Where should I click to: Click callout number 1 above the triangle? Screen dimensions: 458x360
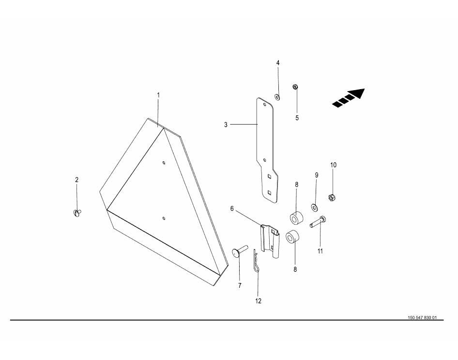pyautogui.click(x=158, y=95)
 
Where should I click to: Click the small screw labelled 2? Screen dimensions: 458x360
pyautogui.click(x=77, y=213)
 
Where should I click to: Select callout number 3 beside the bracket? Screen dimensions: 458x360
pyautogui.click(x=226, y=125)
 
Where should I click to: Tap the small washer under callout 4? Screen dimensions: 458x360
pyautogui.click(x=277, y=97)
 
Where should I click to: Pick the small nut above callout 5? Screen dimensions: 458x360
pyautogui.click(x=295, y=87)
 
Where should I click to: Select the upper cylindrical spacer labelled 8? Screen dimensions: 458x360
pyautogui.click(x=296, y=219)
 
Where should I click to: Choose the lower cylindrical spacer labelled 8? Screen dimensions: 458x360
pyautogui.click(x=292, y=236)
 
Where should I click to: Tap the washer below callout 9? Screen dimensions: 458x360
pyautogui.click(x=315, y=207)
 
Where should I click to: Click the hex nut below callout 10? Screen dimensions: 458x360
pyautogui.click(x=332, y=198)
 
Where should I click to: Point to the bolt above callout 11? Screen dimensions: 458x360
pyautogui.click(x=318, y=221)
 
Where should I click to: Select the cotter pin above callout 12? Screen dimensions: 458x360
pyautogui.click(x=256, y=261)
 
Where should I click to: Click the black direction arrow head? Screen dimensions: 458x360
pyautogui.click(x=357, y=93)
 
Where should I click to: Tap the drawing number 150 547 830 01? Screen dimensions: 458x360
pyautogui.click(x=422, y=318)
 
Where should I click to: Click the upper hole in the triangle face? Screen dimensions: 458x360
pyautogui.click(x=164, y=162)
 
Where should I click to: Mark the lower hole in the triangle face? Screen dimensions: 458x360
pyautogui.click(x=164, y=218)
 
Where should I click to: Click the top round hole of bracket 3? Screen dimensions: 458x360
pyautogui.click(x=265, y=104)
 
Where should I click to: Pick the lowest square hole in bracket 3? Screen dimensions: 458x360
pyautogui.click(x=270, y=192)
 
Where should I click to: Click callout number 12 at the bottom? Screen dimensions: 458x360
pyautogui.click(x=258, y=301)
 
